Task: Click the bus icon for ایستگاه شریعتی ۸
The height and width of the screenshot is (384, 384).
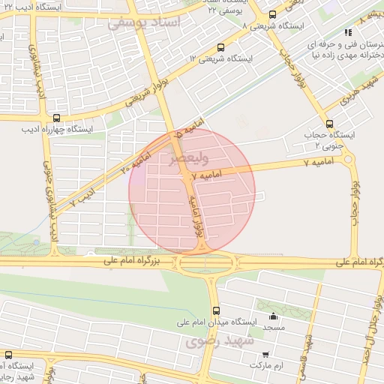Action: tap(271, 13)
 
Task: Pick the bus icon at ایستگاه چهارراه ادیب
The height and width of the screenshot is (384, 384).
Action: tap(57, 118)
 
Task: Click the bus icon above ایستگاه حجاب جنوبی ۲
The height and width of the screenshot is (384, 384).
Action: tap(329, 124)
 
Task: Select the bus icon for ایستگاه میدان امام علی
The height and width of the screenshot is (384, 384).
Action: tap(217, 310)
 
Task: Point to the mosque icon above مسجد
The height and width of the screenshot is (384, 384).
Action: tap(273, 316)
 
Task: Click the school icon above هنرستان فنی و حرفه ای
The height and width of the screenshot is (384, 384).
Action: tap(347, 32)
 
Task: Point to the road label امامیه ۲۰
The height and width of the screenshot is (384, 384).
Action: tap(136, 157)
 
